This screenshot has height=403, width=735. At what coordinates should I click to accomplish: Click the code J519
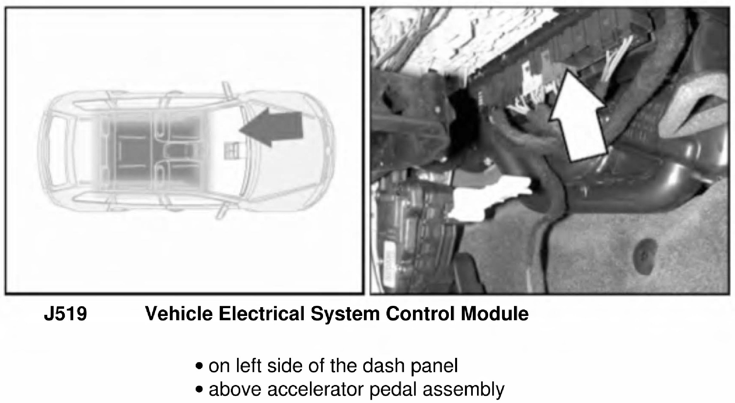click(65, 314)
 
